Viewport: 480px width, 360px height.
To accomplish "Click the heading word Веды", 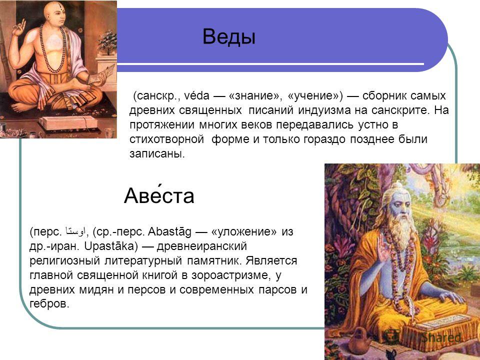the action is [228, 36].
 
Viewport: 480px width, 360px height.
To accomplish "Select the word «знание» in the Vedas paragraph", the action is [255, 95].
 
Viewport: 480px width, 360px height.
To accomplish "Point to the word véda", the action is [196, 95].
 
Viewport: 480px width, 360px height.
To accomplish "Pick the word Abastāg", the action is [169, 231].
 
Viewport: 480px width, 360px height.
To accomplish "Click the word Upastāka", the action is [109, 246].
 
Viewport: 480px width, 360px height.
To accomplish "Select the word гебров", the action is [49, 304].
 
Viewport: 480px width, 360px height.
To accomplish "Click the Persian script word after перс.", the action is [75, 232].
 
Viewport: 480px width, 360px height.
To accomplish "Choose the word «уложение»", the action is [244, 231].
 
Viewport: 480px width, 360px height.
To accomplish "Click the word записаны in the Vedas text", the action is [157, 153].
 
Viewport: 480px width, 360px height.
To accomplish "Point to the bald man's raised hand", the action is [19, 27].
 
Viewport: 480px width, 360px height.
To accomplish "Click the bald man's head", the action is [54, 14].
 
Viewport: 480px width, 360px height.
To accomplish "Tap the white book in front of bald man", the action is [69, 122].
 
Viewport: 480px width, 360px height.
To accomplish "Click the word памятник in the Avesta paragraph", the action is [212, 261].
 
